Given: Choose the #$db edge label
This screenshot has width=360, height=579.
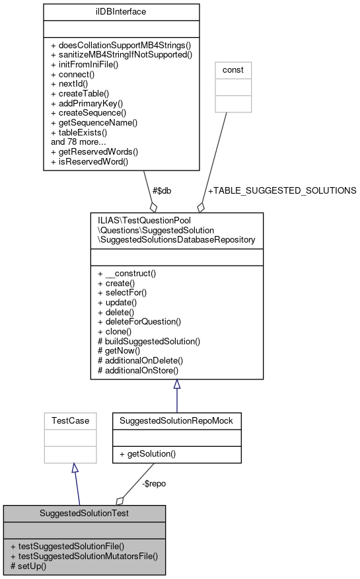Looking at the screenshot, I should pos(162,190).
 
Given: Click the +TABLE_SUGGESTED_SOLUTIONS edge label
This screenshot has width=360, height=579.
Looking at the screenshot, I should pos(282,190).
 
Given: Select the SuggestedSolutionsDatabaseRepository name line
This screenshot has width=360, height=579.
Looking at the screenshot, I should pos(176,239).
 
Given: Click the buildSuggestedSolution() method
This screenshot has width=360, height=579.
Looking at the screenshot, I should pos(149,342).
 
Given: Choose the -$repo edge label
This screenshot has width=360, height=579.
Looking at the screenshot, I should pos(154,483).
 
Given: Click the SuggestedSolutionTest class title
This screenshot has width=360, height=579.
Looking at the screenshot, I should pos(84,513).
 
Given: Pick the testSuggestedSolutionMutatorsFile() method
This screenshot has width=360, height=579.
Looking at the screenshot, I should pos(84,557).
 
